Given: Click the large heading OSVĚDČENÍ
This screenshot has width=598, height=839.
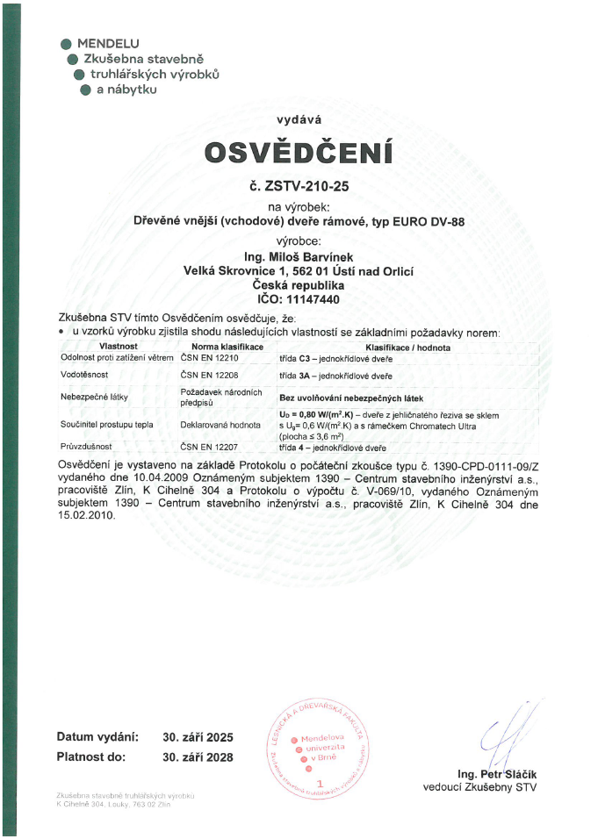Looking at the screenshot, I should (x=298, y=152).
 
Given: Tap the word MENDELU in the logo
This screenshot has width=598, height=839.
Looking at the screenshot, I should (x=107, y=43).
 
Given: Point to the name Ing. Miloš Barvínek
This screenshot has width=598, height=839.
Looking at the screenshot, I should (x=298, y=256).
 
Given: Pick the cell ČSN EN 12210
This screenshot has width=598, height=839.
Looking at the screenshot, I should (x=210, y=358).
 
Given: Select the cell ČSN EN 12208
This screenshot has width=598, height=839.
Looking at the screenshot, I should (x=210, y=375).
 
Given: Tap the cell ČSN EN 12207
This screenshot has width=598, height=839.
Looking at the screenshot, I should (x=210, y=447).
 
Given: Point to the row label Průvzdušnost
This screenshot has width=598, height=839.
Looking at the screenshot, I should (x=84, y=447).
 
